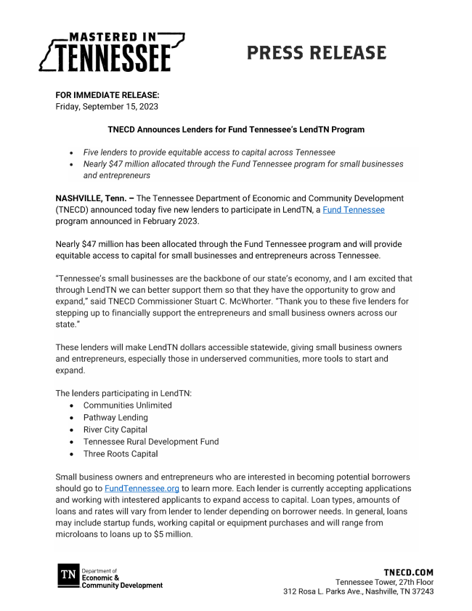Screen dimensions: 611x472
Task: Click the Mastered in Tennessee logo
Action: (x=111, y=52)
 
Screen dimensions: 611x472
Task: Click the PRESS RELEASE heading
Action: (x=316, y=53)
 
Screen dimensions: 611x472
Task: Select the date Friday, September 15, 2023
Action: (x=107, y=106)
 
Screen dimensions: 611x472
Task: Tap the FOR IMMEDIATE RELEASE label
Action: (x=107, y=95)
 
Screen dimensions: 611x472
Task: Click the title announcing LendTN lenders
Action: (x=236, y=129)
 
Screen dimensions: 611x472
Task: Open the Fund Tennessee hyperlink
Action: (x=354, y=209)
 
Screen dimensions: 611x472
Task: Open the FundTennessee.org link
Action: (x=142, y=488)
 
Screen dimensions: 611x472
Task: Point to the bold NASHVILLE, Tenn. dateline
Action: (x=94, y=198)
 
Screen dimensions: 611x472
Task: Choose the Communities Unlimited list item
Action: (x=127, y=405)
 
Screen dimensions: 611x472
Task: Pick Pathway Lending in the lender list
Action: (x=115, y=417)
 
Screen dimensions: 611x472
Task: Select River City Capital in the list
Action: (x=115, y=429)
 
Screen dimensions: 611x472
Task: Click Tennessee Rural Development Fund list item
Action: (x=150, y=441)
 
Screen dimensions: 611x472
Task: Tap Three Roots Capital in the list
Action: (x=120, y=453)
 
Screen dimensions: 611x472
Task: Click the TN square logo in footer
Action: (x=68, y=576)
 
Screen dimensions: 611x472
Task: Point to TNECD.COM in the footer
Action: (x=408, y=572)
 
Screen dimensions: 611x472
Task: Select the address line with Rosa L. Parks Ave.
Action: (x=359, y=591)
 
